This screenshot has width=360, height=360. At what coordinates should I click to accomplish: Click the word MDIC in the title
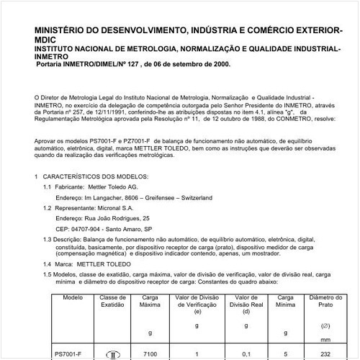(x=46, y=42)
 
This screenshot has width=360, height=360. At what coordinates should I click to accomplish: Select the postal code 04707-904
(x=71, y=228)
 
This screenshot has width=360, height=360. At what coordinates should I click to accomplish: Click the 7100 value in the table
(x=150, y=354)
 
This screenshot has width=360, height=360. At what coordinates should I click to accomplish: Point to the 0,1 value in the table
(x=247, y=354)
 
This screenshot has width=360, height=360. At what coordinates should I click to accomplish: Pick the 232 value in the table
(x=325, y=354)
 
